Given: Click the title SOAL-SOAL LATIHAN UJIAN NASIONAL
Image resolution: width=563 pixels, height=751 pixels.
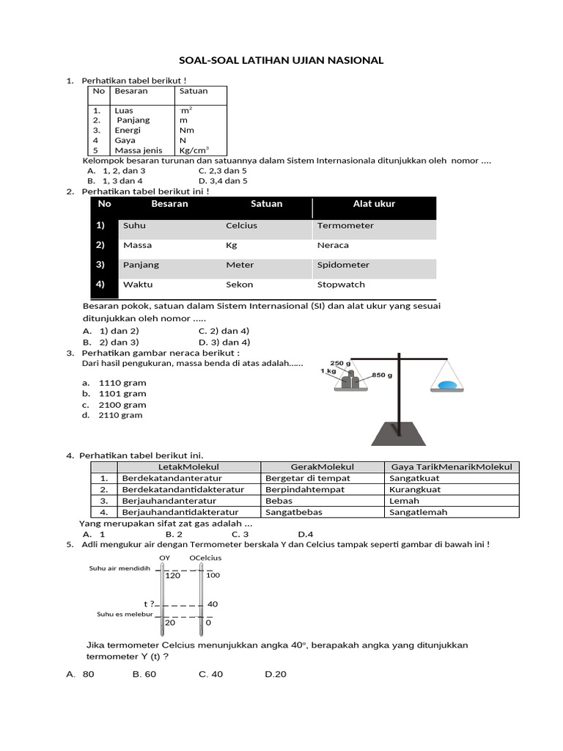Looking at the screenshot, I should click(x=282, y=60).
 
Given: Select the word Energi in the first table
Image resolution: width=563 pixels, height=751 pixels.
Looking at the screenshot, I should click(x=128, y=130).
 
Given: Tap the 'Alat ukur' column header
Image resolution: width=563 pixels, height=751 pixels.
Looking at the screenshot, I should click(x=374, y=204).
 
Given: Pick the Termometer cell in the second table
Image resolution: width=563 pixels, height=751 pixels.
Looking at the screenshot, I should click(x=345, y=226).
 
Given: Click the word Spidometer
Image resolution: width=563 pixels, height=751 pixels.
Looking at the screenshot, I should click(x=343, y=265).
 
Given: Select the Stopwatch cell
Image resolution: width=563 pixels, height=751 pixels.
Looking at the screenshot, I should click(x=341, y=285).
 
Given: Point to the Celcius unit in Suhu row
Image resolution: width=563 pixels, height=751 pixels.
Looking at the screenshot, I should click(x=241, y=226).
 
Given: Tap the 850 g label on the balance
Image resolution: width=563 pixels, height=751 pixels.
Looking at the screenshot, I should click(x=383, y=375).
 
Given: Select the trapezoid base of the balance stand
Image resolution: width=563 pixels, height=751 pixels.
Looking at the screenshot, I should click(x=398, y=433).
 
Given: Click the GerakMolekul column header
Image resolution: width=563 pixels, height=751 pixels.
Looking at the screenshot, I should click(x=322, y=467).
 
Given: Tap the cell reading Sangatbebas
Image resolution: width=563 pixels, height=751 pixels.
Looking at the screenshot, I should click(x=289, y=512).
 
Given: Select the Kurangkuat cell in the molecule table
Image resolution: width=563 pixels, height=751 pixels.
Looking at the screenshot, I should click(x=415, y=489).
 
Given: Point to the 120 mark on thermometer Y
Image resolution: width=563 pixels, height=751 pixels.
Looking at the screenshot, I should click(x=172, y=576).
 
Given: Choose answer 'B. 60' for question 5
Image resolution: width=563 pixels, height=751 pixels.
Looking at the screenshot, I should click(x=144, y=674).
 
